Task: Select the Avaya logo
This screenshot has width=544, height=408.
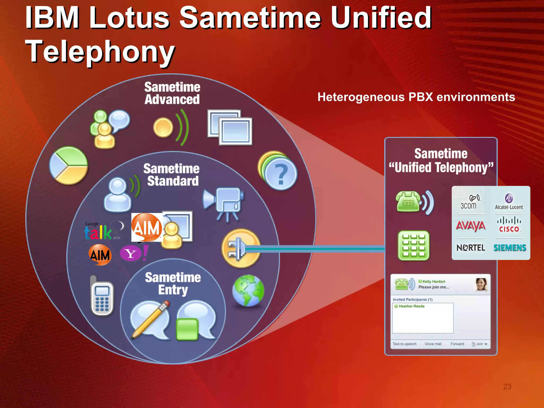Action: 470,226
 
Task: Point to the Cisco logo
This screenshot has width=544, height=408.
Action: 509,225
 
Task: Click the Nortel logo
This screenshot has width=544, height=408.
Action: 470,248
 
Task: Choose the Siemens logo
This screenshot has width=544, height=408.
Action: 510,248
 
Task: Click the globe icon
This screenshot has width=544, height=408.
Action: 248,291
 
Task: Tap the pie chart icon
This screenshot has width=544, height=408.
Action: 69,165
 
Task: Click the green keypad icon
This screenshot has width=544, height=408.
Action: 413,245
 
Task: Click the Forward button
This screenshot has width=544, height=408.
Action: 457,344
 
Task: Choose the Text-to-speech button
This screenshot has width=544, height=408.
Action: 405,344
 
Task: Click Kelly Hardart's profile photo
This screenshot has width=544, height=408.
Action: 481,284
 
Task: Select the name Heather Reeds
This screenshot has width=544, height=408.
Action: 411,306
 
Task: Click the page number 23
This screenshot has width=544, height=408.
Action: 507,386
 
